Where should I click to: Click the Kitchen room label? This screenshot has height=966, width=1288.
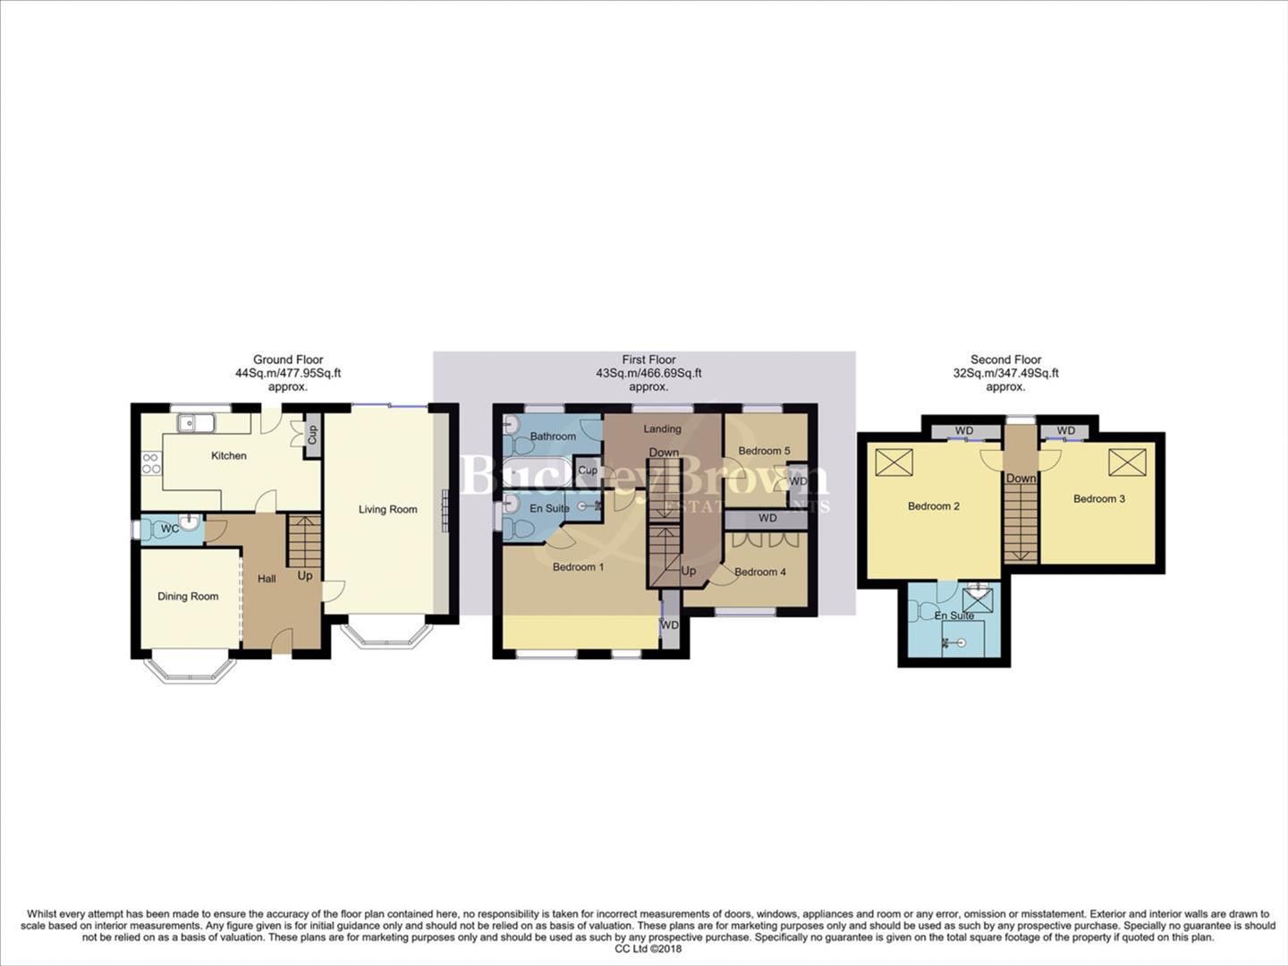(228, 455)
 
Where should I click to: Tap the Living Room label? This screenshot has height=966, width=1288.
(387, 509)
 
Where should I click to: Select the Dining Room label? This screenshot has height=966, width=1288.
(188, 597)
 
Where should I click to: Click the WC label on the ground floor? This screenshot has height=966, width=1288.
(169, 529)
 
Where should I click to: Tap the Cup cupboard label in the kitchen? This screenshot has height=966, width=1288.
(312, 435)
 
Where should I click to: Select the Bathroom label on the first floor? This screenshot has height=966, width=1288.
(553, 436)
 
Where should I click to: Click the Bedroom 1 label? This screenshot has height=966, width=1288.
(578, 567)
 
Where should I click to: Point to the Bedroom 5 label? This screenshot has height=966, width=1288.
(764, 451)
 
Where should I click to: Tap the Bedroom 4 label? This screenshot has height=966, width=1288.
(759, 572)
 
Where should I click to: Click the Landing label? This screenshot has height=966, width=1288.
(662, 429)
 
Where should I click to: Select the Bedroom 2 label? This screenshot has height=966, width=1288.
(934, 506)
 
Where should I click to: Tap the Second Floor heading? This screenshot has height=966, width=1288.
(1005, 360)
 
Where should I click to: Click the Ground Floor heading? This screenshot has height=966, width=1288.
(288, 360)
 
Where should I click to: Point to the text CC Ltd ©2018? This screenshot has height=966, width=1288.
(648, 949)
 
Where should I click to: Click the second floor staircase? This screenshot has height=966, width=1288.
(1020, 523)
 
